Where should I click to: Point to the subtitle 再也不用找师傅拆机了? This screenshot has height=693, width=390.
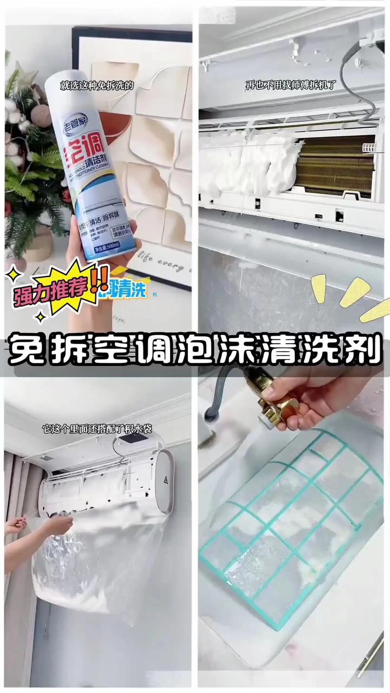(x=291, y=85)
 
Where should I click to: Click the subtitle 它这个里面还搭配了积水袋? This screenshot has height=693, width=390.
(x=97, y=429)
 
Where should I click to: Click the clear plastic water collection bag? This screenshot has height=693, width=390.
(x=97, y=560)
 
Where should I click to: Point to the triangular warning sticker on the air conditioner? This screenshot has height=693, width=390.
(x=165, y=480)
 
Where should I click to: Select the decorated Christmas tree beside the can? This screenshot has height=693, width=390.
(x=29, y=161)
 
